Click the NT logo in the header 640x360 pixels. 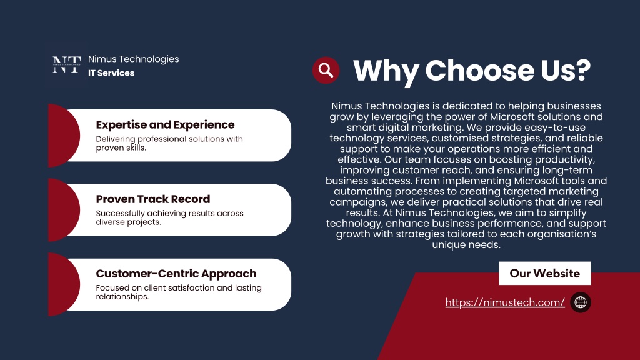[x=66, y=64]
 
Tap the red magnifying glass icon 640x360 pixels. [x=326, y=70]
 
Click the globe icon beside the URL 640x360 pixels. [x=581, y=302]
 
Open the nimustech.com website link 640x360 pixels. [x=505, y=302]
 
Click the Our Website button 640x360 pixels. [x=544, y=273]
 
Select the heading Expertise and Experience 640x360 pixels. [x=165, y=124]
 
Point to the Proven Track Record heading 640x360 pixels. [x=153, y=199]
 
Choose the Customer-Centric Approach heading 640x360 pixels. [x=176, y=274]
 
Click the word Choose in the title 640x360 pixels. [x=479, y=70]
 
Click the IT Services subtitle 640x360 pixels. [x=111, y=73]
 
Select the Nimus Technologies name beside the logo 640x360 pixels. [x=134, y=59]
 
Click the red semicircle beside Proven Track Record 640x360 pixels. [x=64, y=210]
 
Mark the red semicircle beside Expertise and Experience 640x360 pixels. [x=64, y=136]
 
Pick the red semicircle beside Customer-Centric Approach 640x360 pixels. [x=64, y=284]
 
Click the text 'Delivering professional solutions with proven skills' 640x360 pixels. [x=169, y=143]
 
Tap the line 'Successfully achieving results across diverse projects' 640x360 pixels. [x=170, y=217]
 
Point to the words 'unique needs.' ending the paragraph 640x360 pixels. [x=466, y=245]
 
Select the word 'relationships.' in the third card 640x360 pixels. [x=122, y=297]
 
